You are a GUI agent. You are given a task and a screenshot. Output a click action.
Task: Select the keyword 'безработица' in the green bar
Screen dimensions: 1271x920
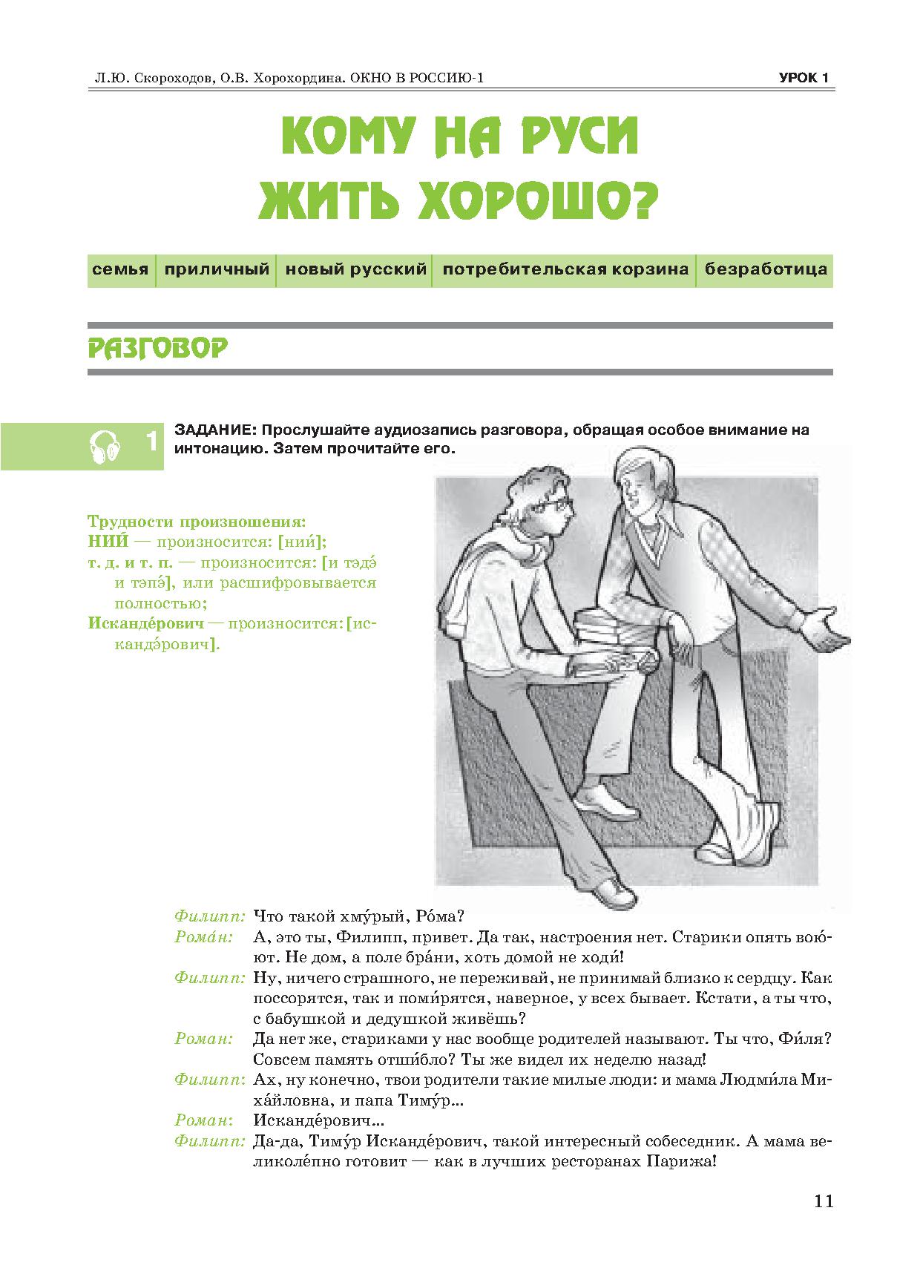pyautogui.click(x=766, y=269)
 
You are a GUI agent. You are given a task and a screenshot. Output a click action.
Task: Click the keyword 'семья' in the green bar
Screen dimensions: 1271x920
pyautogui.click(x=120, y=269)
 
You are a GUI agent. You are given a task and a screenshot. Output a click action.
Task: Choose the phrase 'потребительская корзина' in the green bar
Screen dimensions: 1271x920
pyautogui.click(x=565, y=269)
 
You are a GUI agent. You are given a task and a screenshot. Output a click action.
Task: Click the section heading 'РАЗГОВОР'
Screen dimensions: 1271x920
pyautogui.click(x=157, y=348)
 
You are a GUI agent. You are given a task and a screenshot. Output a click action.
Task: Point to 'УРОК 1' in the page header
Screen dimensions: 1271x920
pyautogui.click(x=804, y=78)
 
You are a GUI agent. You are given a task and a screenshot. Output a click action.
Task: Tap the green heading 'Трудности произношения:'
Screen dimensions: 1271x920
pyautogui.click(x=197, y=521)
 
